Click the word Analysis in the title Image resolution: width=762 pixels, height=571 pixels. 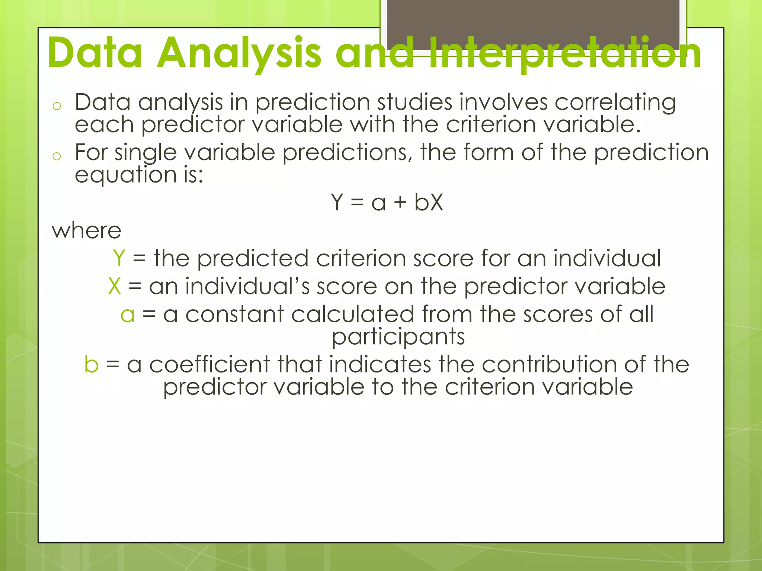(x=238, y=53)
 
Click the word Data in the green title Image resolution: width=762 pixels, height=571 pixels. (x=95, y=53)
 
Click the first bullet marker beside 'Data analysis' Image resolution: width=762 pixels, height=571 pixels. (x=57, y=106)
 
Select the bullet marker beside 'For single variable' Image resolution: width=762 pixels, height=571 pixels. (x=57, y=156)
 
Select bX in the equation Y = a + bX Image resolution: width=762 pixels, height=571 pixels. (x=429, y=203)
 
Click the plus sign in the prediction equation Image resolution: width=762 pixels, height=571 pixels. (x=400, y=203)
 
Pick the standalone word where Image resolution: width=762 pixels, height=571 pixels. (x=87, y=230)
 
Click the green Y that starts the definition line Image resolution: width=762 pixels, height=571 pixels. (x=119, y=258)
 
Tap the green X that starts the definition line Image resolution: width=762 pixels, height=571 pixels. (x=115, y=286)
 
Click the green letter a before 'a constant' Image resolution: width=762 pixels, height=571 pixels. (x=127, y=314)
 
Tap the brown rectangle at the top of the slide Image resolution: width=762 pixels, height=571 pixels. (x=533, y=22)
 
